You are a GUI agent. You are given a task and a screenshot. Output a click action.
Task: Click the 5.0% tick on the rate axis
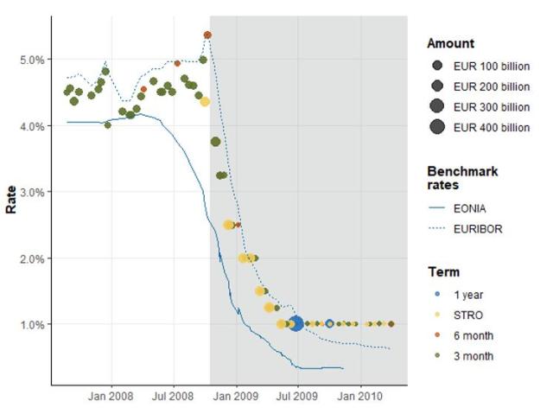[29, 60]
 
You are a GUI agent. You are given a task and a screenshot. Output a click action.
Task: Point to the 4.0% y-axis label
[29, 126]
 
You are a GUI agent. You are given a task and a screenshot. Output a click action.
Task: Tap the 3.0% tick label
[29, 192]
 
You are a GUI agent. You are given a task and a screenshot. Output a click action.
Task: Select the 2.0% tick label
[29, 258]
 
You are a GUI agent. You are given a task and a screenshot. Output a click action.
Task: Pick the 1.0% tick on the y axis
[29, 324]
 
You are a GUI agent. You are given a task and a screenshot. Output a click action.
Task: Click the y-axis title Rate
[11, 201]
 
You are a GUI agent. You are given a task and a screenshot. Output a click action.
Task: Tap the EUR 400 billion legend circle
[436, 127]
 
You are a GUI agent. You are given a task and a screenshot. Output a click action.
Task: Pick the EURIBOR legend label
[477, 229]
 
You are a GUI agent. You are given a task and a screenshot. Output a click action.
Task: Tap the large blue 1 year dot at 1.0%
[296, 324]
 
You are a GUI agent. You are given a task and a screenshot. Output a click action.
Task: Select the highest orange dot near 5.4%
[207, 35]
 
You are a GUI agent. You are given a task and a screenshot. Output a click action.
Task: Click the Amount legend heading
[450, 43]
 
